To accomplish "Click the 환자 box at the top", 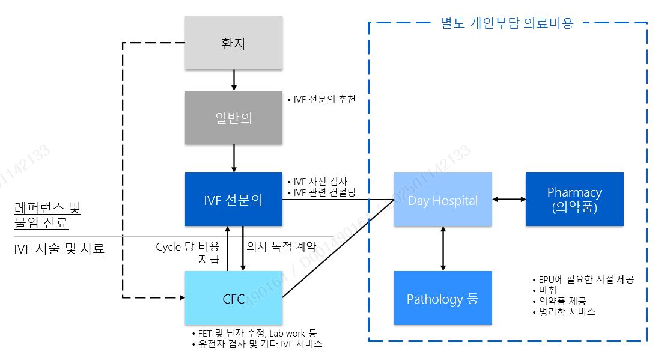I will click(x=233, y=43).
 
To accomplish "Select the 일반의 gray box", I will click(x=233, y=118).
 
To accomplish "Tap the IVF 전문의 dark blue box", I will click(x=233, y=200).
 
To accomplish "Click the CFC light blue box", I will click(x=233, y=298).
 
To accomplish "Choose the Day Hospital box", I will click(x=443, y=200).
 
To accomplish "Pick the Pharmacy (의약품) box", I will click(x=574, y=200).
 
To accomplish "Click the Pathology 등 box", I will click(x=443, y=298).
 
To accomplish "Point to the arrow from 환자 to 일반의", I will click(x=234, y=80).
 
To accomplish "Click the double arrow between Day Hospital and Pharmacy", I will click(x=509, y=199).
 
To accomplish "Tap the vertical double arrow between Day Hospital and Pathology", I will click(x=443, y=248).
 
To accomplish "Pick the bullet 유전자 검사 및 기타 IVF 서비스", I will click(x=257, y=344).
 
